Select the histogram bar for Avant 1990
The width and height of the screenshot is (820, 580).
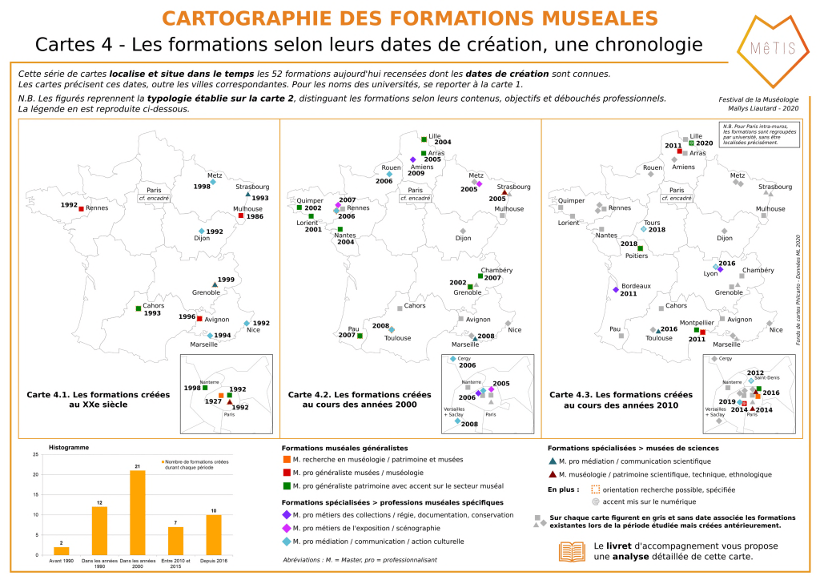pyautogui.click(x=62, y=550)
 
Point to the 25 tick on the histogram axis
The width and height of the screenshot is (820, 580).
pyautogui.click(x=35, y=455)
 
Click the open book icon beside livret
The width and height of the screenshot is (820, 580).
pyautogui.click(x=572, y=551)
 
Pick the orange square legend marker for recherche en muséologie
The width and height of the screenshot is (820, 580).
pyautogui.click(x=287, y=460)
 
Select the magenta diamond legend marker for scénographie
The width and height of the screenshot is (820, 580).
pyautogui.click(x=287, y=527)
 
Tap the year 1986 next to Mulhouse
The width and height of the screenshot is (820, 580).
pyautogui.click(x=255, y=216)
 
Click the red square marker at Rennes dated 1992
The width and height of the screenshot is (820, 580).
pyautogui.click(x=82, y=208)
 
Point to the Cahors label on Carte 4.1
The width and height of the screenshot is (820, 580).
pyautogui.click(x=153, y=305)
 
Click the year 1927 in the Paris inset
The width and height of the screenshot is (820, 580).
pyautogui.click(x=213, y=401)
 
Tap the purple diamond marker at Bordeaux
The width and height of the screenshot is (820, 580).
pyautogui.click(x=616, y=289)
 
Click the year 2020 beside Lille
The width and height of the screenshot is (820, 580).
pyautogui.click(x=704, y=143)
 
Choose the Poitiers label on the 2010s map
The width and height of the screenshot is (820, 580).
pyautogui.click(x=636, y=256)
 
